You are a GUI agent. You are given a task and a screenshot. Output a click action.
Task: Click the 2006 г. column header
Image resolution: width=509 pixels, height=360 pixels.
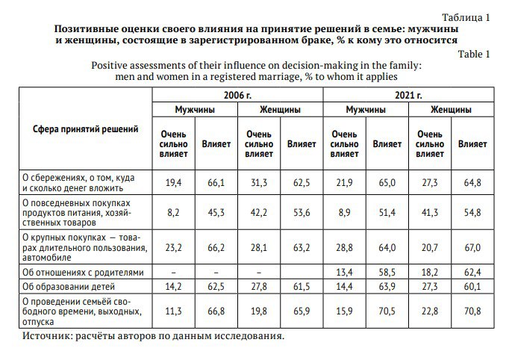point(237,95)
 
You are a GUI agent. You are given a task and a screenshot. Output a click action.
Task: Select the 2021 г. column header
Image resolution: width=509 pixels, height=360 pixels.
point(408,95)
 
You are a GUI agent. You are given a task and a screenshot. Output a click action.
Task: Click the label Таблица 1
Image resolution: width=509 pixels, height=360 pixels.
point(466,16)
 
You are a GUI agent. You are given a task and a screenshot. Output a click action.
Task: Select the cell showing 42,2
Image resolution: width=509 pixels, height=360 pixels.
point(258,212)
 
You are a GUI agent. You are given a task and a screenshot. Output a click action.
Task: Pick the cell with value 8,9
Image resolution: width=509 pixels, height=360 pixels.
point(344,212)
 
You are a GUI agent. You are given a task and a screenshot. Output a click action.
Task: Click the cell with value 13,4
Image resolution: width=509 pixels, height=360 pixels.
point(344,271)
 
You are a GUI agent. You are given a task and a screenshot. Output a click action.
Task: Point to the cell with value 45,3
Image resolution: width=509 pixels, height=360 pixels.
point(216,212)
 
